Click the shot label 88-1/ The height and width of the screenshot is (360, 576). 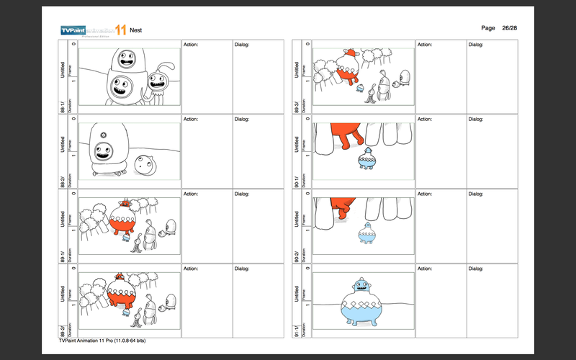pyautogui.click(x=63, y=105)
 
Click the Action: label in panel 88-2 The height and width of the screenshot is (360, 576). pyautogui.click(x=192, y=120)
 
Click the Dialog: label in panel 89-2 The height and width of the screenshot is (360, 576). pyautogui.click(x=241, y=269)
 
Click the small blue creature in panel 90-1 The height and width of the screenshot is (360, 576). pyautogui.click(x=366, y=159)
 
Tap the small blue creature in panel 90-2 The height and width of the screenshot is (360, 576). pyautogui.click(x=368, y=233)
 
